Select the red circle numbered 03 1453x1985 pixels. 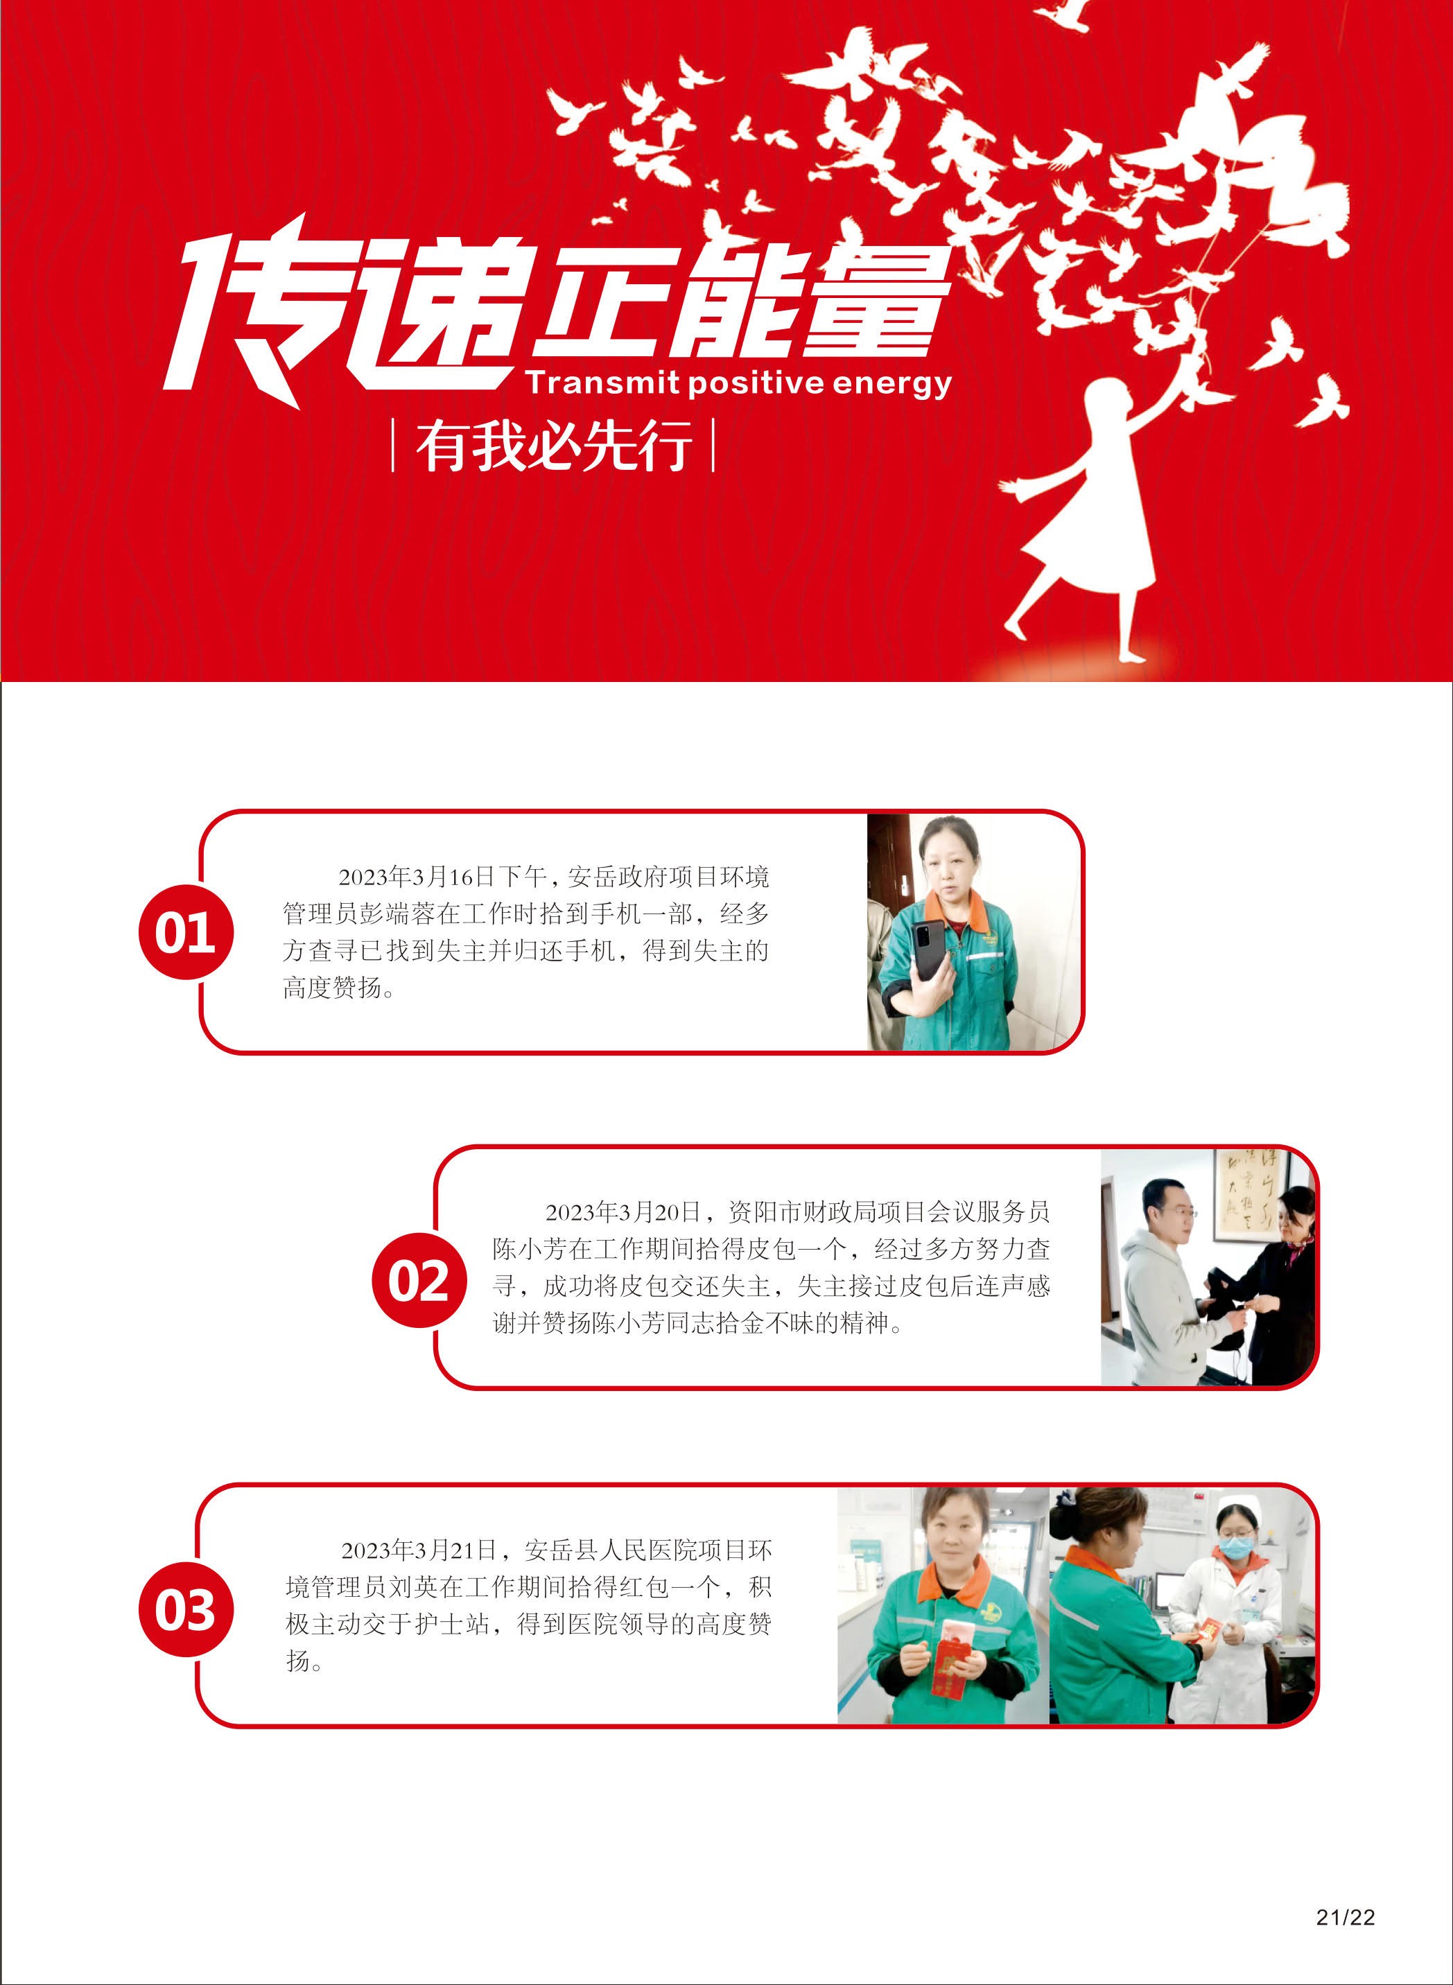[x=186, y=1610]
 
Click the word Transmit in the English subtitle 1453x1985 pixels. [x=602, y=383]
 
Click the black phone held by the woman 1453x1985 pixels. [x=929, y=952]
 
